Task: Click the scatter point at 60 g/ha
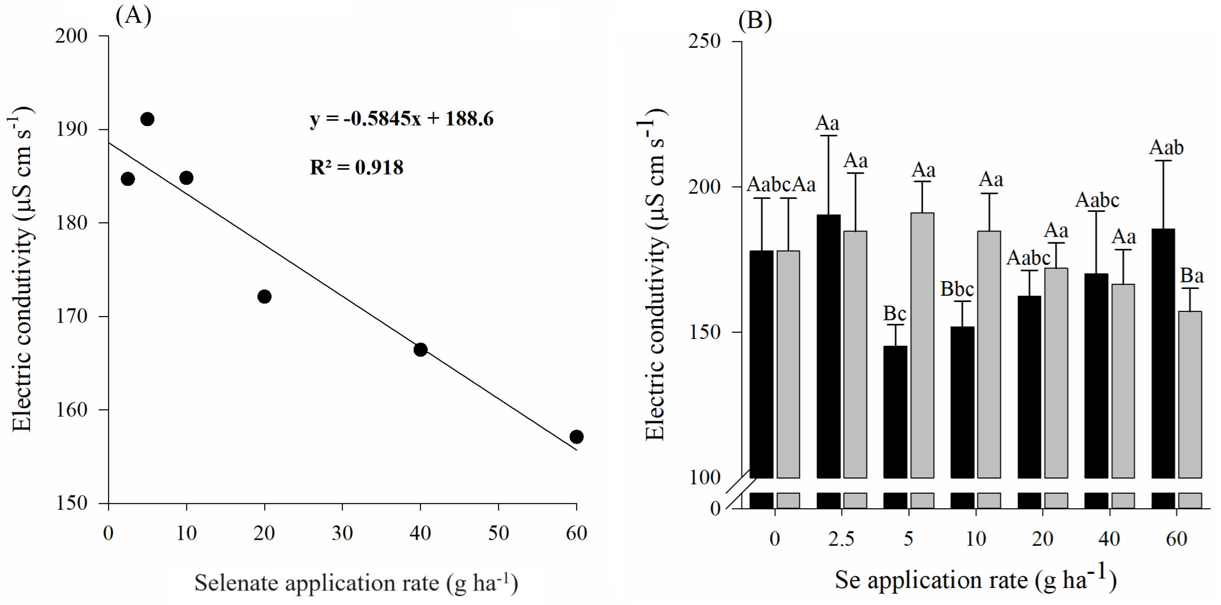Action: pyautogui.click(x=576, y=437)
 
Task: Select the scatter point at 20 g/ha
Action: pyautogui.click(x=264, y=297)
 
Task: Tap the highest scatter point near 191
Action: pyautogui.click(x=147, y=119)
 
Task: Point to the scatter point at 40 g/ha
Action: pyautogui.click(x=420, y=350)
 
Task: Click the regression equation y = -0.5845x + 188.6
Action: pyautogui.click(x=401, y=119)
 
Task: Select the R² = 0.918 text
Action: pyautogui.click(x=356, y=167)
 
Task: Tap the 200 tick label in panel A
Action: pyautogui.click(x=71, y=36)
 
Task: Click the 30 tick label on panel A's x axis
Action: pyautogui.click(x=342, y=533)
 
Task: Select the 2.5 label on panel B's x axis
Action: pyautogui.click(x=841, y=539)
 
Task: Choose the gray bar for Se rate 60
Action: pyautogui.click(x=1190, y=393)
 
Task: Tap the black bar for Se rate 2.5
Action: pyautogui.click(x=828, y=346)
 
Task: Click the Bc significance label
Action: pyautogui.click(x=894, y=313)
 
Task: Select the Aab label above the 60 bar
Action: pyautogui.click(x=1166, y=147)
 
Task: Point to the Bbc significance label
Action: pyautogui.click(x=957, y=289)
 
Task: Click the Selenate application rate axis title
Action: pyautogui.click(x=356, y=583)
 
